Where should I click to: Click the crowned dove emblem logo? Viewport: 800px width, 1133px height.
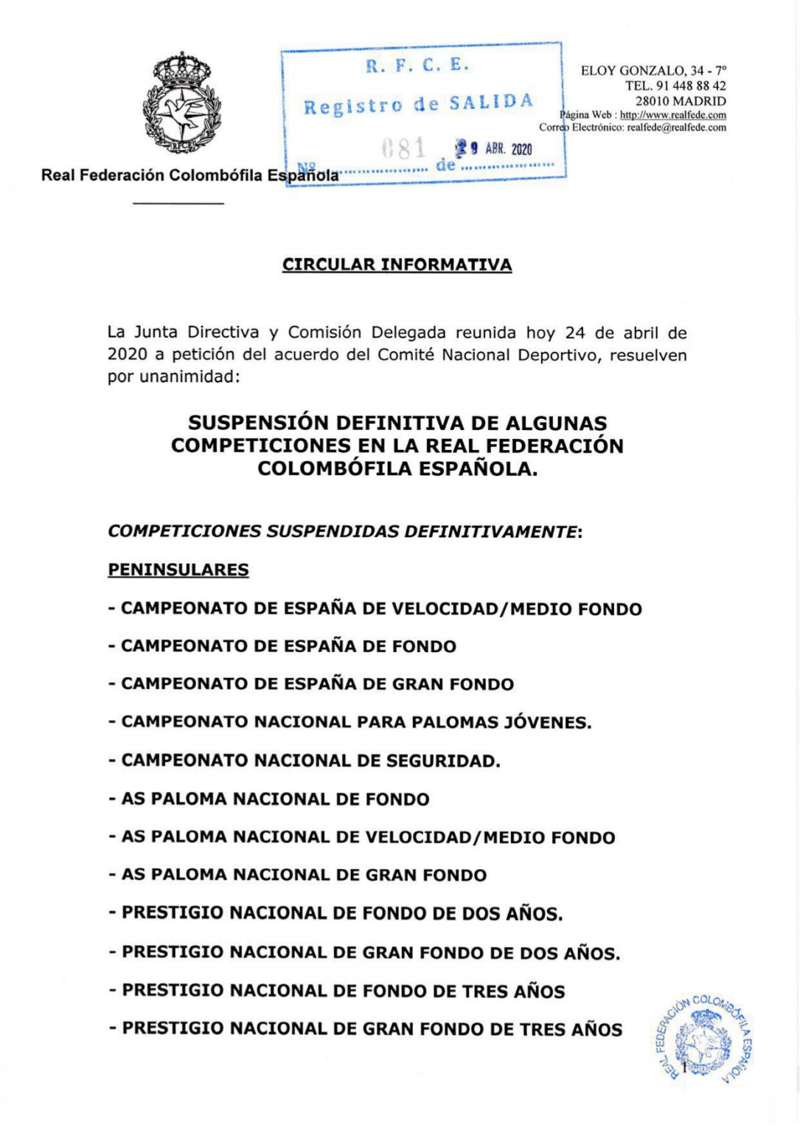click(181, 104)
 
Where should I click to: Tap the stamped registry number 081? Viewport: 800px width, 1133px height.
click(403, 148)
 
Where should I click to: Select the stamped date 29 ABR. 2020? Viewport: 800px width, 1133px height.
click(493, 148)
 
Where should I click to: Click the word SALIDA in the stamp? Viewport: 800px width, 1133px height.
click(491, 103)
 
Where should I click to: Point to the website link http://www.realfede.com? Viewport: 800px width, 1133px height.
click(672, 115)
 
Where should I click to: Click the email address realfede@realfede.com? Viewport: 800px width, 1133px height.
click(676, 127)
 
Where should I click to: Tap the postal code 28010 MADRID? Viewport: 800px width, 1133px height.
click(680, 100)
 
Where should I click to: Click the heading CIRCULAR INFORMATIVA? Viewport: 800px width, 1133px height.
click(397, 265)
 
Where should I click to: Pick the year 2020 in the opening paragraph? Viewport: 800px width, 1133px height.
click(127, 354)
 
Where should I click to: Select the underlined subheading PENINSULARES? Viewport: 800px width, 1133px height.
click(178, 569)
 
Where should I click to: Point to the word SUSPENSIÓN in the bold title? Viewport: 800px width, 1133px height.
click(257, 423)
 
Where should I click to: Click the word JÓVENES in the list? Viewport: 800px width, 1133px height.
click(547, 722)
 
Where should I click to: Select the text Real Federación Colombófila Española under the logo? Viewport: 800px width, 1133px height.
click(189, 176)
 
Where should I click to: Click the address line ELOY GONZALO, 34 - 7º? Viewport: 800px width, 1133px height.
click(653, 71)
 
